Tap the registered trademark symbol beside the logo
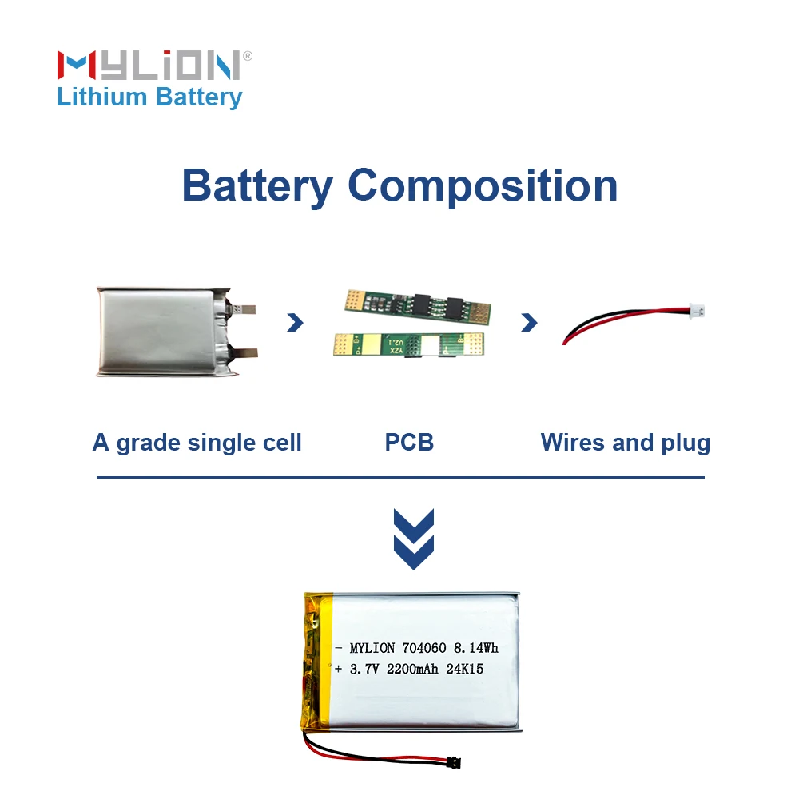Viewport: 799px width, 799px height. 248,56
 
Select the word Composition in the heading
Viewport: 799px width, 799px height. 483,185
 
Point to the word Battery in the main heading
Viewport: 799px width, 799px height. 256,185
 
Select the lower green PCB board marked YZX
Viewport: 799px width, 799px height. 407,344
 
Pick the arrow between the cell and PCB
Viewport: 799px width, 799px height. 296,323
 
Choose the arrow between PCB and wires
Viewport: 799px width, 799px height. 529,323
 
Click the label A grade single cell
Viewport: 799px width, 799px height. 197,443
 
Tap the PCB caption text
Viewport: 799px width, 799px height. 409,443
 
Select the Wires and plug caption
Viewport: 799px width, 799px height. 625,443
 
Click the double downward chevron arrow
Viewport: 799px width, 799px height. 414,539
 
